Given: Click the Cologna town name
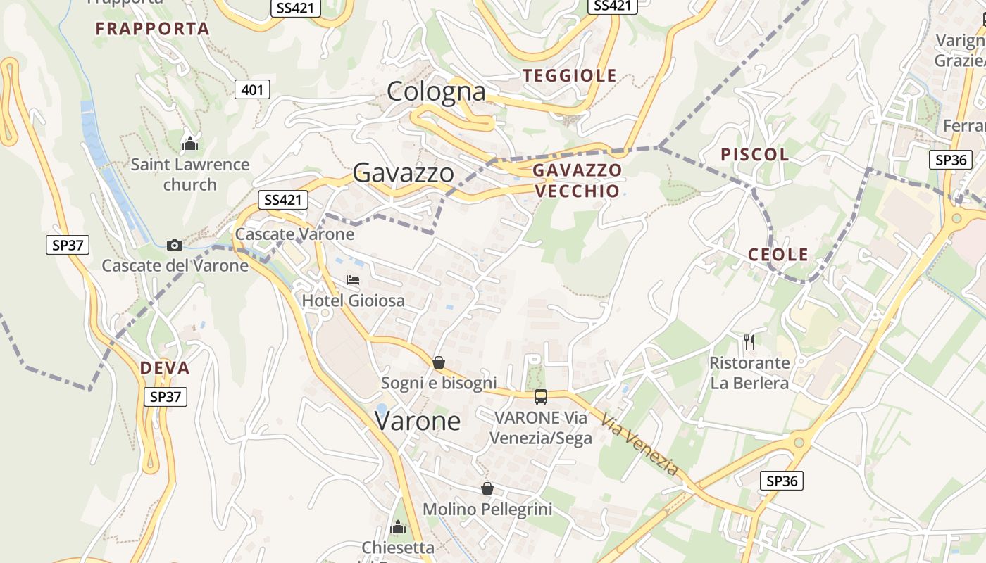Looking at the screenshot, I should (437, 91).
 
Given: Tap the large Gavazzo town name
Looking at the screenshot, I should (403, 172).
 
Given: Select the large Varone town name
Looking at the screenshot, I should (418, 421).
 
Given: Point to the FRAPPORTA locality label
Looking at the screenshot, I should (153, 29).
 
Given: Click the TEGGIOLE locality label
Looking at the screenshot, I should (570, 75).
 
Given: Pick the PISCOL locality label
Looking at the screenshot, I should (754, 154).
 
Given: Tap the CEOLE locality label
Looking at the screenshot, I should (778, 255).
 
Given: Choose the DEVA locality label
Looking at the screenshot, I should (165, 368).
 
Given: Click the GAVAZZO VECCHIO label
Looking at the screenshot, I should (577, 180).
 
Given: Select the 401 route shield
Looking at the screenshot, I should (252, 89).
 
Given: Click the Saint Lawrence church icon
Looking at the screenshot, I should (190, 144).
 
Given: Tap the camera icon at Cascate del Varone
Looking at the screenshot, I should (175, 245).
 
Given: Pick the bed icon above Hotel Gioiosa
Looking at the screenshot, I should (353, 280).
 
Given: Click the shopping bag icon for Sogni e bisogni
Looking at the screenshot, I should (439, 362).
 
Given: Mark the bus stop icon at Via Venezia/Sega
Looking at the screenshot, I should (540, 397).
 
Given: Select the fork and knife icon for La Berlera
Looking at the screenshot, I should (749, 343).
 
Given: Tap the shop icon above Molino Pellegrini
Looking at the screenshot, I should (487, 488).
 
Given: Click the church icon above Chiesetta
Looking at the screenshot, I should (398, 527).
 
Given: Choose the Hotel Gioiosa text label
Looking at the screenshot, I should (354, 301).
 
